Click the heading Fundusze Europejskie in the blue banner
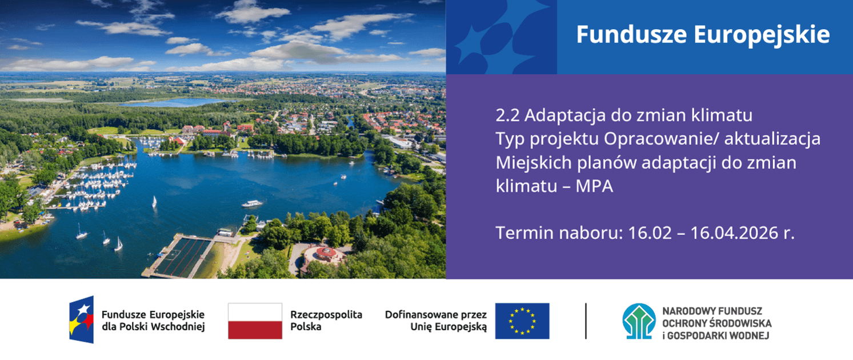(x=702, y=35)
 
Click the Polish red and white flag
(x=255, y=321)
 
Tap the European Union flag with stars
(x=522, y=321)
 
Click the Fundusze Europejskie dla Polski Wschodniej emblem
(x=82, y=320)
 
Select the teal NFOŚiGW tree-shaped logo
(x=639, y=321)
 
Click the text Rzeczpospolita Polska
(x=326, y=321)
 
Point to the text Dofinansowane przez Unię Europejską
(x=436, y=321)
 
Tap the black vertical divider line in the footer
(x=586, y=321)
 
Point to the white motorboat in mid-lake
(x=252, y=203)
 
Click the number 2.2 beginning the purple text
(x=507, y=115)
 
